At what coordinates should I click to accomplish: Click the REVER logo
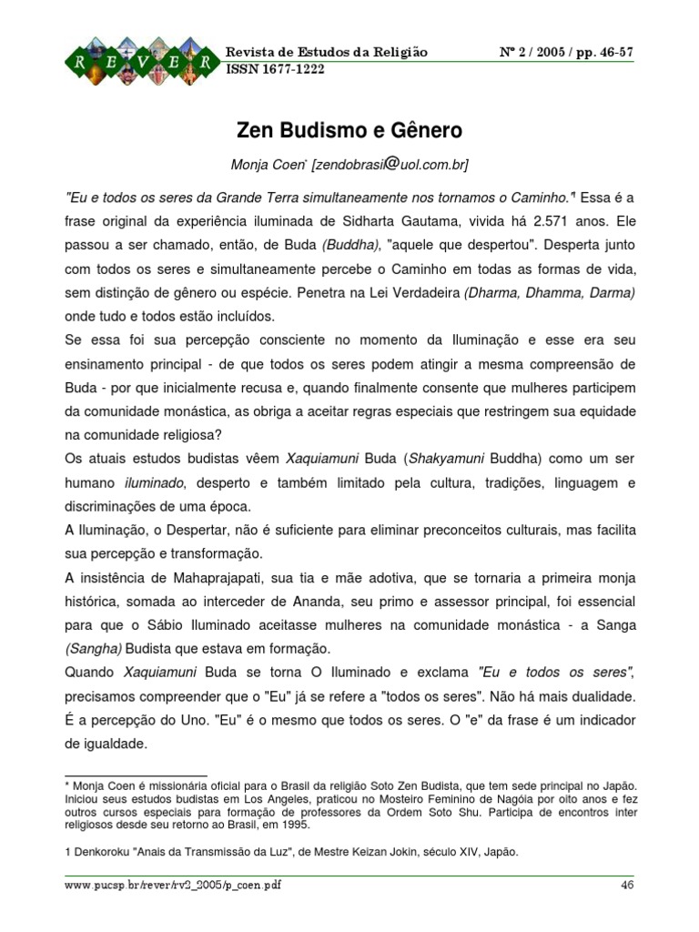pyautogui.click(x=140, y=60)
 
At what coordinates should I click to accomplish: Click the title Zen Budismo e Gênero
pyautogui.click(x=349, y=130)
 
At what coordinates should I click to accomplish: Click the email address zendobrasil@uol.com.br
pyautogui.click(x=391, y=165)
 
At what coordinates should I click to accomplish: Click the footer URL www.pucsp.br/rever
pyautogui.click(x=172, y=886)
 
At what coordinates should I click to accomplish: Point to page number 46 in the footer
pyautogui.click(x=626, y=886)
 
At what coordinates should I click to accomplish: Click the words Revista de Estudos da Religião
pyautogui.click(x=327, y=52)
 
